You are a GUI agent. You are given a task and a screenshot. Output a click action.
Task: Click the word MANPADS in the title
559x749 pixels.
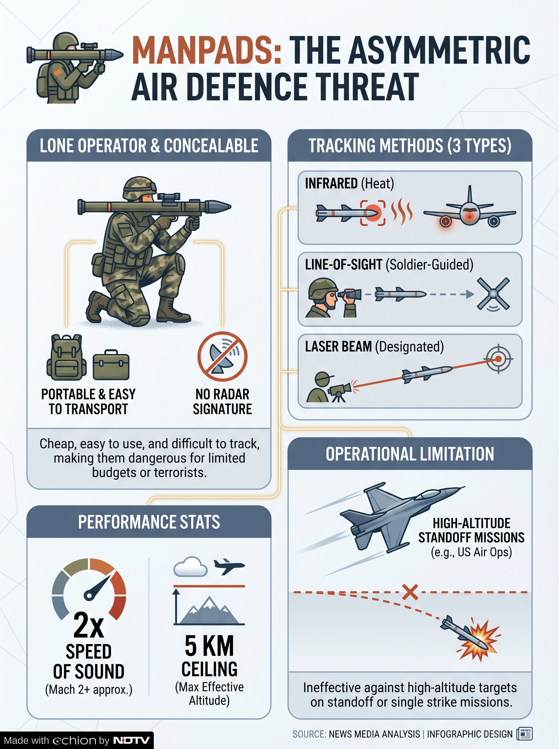(x=207, y=50)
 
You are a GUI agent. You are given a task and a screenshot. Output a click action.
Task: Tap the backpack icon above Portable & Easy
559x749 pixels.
(x=66, y=357)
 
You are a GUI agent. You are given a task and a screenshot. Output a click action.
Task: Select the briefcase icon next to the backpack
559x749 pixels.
(x=111, y=365)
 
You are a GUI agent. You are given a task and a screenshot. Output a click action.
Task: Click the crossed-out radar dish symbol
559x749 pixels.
(x=222, y=356)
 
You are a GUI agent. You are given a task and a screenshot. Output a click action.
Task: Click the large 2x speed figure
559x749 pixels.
(x=89, y=625)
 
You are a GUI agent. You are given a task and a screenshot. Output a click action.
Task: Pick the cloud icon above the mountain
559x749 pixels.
(x=190, y=566)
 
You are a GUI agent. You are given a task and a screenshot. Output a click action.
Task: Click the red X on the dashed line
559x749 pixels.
(x=410, y=592)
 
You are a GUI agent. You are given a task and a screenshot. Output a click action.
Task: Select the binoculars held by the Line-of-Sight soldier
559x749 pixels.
(x=349, y=294)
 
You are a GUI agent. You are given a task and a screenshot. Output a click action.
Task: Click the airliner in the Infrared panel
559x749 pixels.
(x=470, y=211)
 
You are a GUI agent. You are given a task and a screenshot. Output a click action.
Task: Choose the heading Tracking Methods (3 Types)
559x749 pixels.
(x=410, y=145)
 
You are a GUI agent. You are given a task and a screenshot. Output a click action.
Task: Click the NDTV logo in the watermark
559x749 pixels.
(x=131, y=740)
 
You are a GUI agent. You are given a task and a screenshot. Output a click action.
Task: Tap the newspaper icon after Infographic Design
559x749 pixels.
(x=524, y=734)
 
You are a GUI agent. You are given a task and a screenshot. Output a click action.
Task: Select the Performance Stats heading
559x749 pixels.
(x=149, y=521)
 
